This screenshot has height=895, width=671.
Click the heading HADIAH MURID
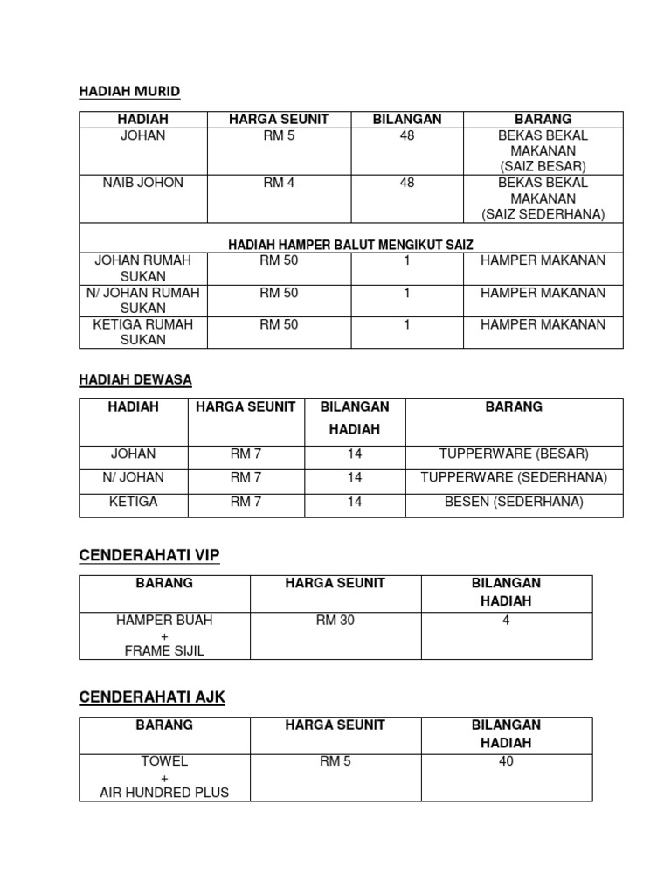point(129,91)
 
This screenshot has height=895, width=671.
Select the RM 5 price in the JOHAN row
point(278,135)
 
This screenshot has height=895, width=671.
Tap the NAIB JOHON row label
point(142,183)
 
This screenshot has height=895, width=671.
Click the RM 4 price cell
point(278,183)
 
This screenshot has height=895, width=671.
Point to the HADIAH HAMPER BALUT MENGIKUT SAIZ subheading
point(350,245)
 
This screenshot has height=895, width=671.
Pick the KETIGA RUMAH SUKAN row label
point(142,332)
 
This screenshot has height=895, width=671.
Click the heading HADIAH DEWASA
point(135,379)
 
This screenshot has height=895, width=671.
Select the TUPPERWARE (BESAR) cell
point(514,454)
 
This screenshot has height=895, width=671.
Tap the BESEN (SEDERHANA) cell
point(514,502)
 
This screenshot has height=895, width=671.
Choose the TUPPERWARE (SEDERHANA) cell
point(514,477)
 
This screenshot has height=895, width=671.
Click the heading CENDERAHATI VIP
point(149,556)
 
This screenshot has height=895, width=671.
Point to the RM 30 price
point(335,620)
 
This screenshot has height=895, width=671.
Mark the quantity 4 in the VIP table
point(506,620)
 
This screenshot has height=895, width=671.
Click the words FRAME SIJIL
point(164,651)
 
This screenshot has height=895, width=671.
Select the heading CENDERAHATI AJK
point(152,697)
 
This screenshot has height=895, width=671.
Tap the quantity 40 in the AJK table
point(506,761)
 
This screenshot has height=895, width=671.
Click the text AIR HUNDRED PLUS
point(164,793)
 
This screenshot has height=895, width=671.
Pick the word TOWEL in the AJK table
point(164,761)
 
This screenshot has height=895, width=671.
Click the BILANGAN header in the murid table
point(406,119)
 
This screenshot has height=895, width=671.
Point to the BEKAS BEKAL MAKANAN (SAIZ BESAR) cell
point(543,150)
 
